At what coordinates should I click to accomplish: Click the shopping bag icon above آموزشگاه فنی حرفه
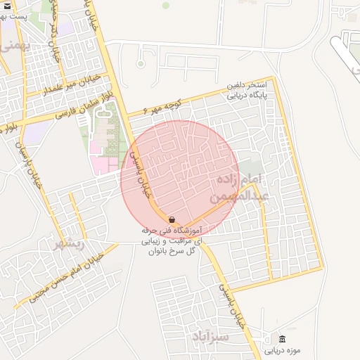pyautogui.click(x=172, y=220)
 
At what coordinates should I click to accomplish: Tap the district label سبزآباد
pyautogui.click(x=210, y=337)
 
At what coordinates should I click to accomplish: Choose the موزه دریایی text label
pyautogui.click(x=282, y=349)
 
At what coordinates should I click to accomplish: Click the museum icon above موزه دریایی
pyautogui.click(x=282, y=339)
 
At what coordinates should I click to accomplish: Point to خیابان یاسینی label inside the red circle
pyautogui.click(x=143, y=176)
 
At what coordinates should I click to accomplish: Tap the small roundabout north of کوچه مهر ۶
pyautogui.click(x=140, y=64)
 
